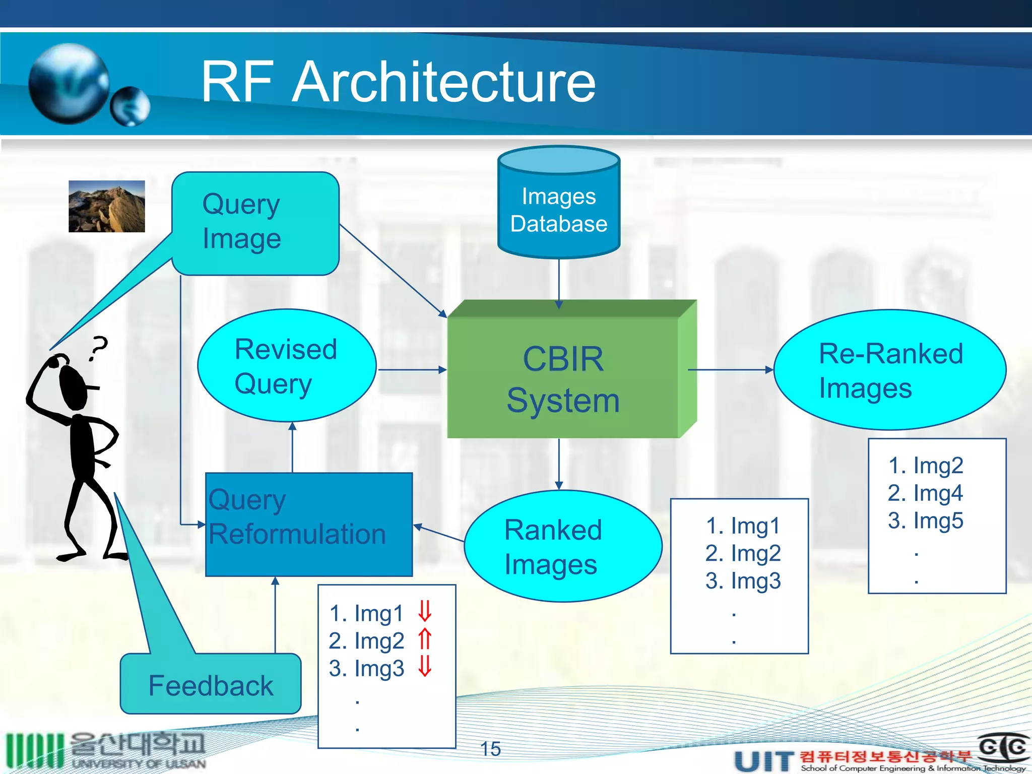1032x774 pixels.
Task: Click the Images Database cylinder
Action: pyautogui.click(x=558, y=209)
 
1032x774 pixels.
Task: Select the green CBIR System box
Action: pyautogui.click(x=563, y=378)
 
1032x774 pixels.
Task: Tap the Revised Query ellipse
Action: pyautogui.click(x=286, y=366)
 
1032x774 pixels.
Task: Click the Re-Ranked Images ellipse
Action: pyautogui.click(x=890, y=370)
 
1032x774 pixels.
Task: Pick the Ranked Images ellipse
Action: pyautogui.click(x=562, y=546)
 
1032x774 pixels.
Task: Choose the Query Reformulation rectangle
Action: pyautogui.click(x=308, y=524)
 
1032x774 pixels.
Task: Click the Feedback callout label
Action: pyautogui.click(x=211, y=685)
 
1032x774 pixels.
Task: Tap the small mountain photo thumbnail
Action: pyautogui.click(x=107, y=206)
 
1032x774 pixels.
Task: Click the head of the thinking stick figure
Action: pyautogui.click(x=74, y=385)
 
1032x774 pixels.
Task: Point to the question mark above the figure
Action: pyautogui.click(x=99, y=348)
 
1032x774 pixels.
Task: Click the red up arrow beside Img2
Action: pyautogui.click(x=425, y=639)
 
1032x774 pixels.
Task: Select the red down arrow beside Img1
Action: pyautogui.click(x=425, y=611)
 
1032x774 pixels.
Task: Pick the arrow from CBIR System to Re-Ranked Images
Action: pyautogui.click(x=731, y=370)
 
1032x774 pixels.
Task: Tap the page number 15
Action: pyautogui.click(x=490, y=749)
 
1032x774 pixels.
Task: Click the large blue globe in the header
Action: pyautogui.click(x=69, y=84)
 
